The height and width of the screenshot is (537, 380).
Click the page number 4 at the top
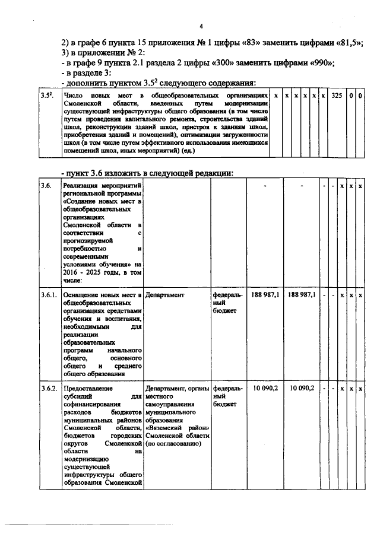[x=201, y=26]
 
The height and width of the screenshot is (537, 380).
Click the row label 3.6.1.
[x=49, y=295]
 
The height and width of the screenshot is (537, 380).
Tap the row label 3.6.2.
[x=49, y=388]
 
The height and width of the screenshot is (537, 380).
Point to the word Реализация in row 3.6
[x=83, y=187]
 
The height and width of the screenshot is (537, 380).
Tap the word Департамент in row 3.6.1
[x=164, y=295]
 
